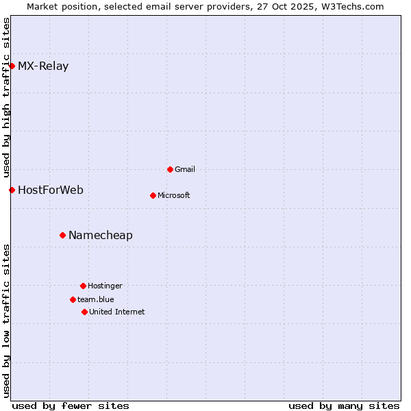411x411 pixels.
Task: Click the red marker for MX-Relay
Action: [x=12, y=66]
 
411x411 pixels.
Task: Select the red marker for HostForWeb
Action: [x=12, y=190]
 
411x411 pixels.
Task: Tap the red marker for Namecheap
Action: [x=62, y=235]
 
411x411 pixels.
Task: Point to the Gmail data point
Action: [x=170, y=169]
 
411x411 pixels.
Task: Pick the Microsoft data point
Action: [x=153, y=195]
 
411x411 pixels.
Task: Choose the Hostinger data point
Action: [x=83, y=286]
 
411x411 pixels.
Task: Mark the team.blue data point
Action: [x=73, y=299]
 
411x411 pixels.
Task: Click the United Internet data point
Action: [x=84, y=312]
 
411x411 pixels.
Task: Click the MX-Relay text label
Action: [x=43, y=66]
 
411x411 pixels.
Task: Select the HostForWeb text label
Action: [x=51, y=190]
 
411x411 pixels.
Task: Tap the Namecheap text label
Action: [x=101, y=236]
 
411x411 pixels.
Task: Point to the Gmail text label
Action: [x=185, y=169]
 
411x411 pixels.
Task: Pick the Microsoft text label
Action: [x=174, y=195]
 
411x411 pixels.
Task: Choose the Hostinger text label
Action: [x=105, y=286]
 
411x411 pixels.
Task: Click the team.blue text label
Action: [x=96, y=299]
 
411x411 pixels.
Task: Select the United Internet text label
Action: [x=117, y=312]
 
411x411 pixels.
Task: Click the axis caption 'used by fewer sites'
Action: [x=71, y=406]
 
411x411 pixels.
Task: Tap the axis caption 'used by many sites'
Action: [x=344, y=406]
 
